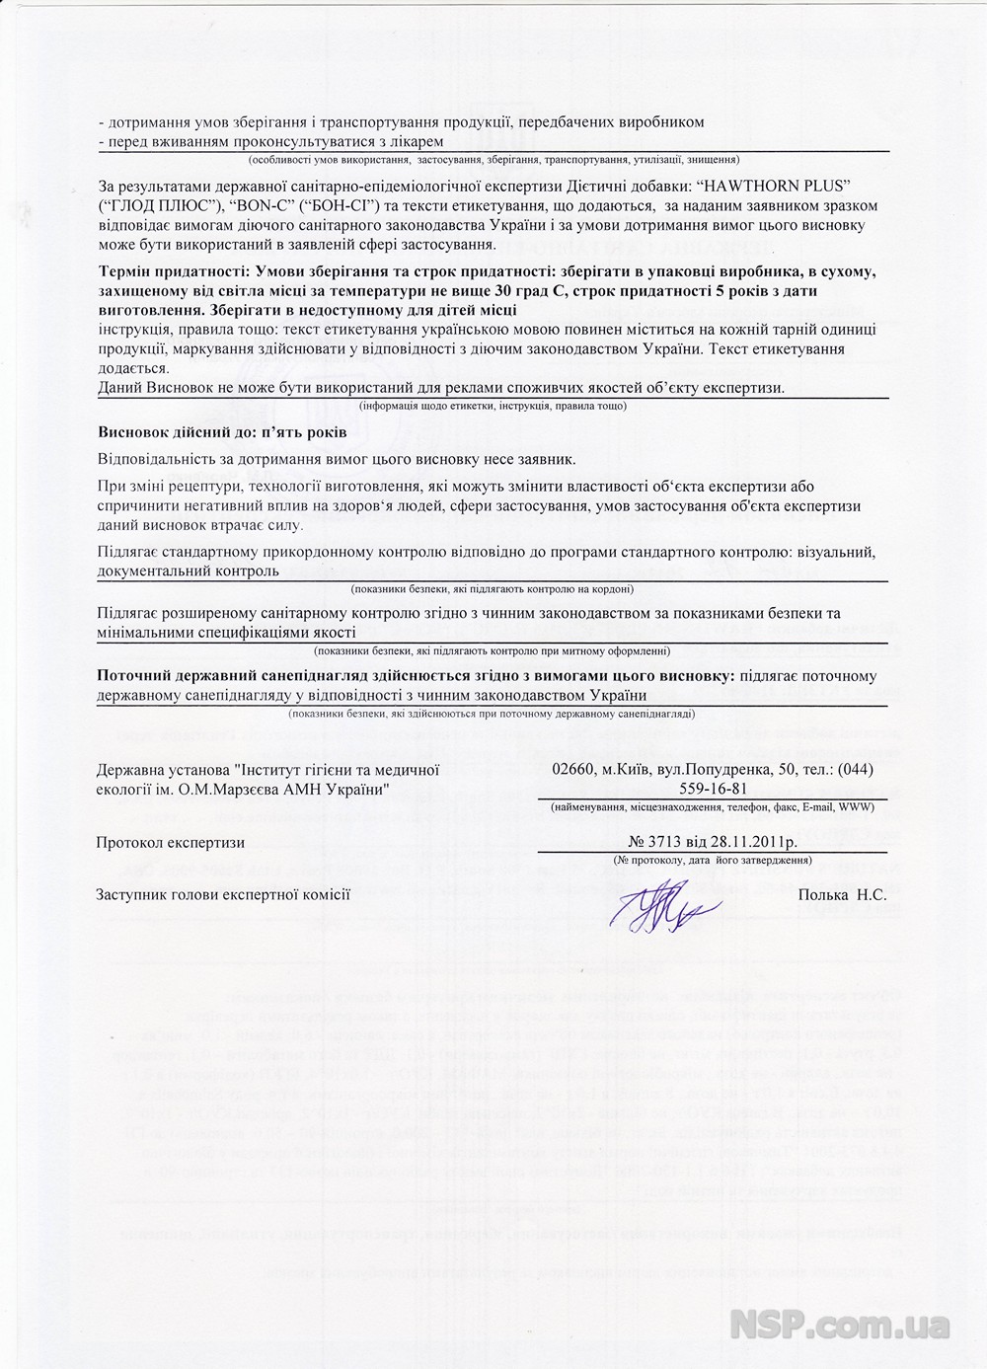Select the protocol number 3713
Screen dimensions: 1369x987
[x=680, y=842]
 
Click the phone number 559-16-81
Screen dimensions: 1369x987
[x=715, y=788]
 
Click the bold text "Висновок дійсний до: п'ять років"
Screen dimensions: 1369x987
[x=222, y=432]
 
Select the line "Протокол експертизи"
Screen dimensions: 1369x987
[x=171, y=842]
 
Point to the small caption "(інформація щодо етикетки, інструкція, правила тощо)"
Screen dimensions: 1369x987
[x=493, y=406]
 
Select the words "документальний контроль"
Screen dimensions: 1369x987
[x=189, y=570]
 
